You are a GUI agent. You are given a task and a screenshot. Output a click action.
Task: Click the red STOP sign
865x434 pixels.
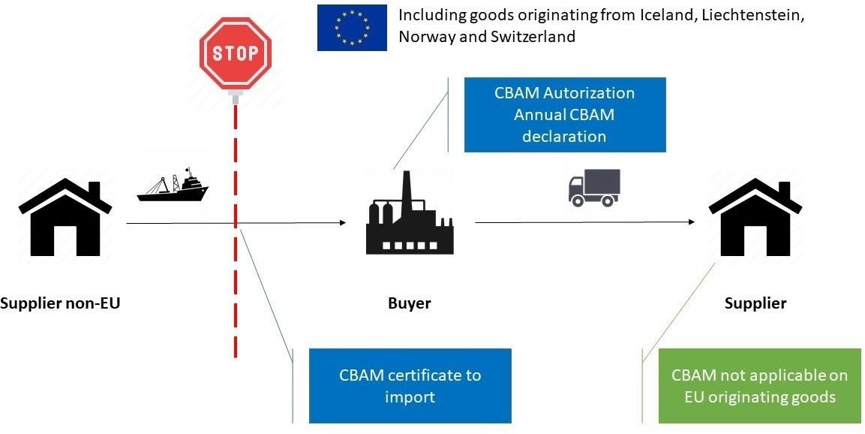(x=235, y=54)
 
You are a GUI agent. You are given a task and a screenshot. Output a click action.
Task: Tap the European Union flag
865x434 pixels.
(x=352, y=28)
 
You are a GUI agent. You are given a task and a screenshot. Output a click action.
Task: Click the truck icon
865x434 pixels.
(x=594, y=188)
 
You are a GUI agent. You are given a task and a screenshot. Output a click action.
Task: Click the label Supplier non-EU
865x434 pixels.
(x=60, y=303)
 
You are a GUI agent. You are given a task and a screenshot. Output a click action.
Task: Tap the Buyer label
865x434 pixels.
(x=410, y=303)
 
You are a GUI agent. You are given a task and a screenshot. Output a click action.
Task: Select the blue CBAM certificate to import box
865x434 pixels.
(x=410, y=385)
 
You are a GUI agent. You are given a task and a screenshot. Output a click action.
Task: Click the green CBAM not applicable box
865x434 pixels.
(x=759, y=385)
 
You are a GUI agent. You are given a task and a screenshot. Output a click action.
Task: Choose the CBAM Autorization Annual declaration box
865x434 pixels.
(x=564, y=115)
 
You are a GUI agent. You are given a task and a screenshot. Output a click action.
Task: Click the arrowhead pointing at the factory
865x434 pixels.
(x=342, y=223)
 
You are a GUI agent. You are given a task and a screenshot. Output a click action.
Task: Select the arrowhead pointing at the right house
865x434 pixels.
(x=690, y=222)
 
